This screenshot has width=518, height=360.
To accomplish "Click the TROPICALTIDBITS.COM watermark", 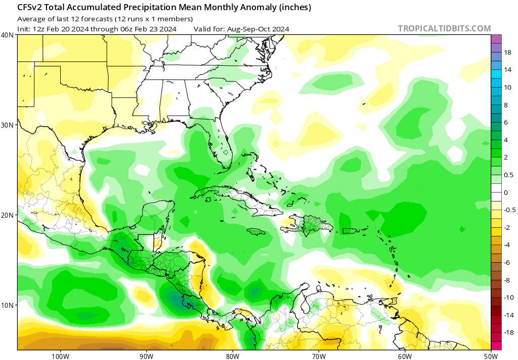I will tap(444, 28).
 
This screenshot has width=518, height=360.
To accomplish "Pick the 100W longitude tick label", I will tap(60, 355).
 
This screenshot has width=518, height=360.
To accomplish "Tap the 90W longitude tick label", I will tap(146, 355).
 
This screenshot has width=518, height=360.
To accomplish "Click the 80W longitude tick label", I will tap(233, 355).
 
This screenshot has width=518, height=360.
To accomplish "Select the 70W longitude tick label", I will tap(319, 355).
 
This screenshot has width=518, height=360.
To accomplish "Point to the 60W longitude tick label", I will tap(405, 355).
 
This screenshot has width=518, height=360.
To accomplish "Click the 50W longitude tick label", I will tap(491, 355).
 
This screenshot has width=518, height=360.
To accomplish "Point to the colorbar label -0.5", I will tap(510, 210).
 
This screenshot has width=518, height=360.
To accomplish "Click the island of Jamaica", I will tap(257, 231).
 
